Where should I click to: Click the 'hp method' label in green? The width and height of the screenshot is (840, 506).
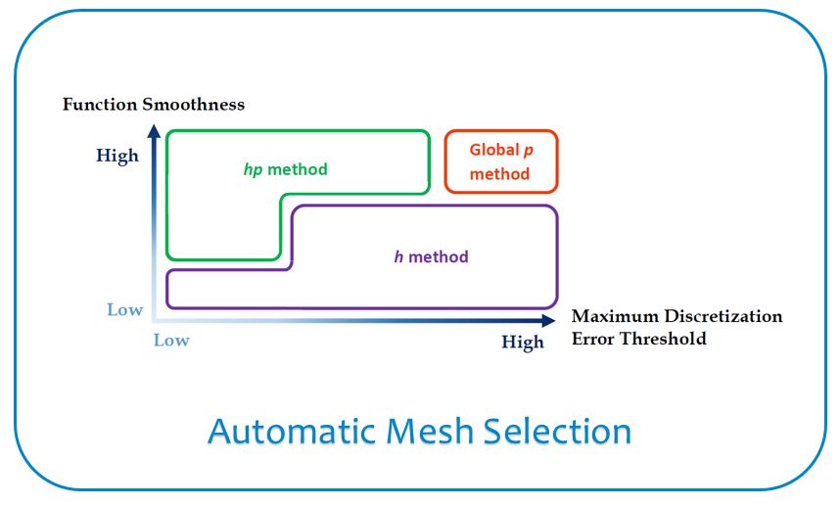286,169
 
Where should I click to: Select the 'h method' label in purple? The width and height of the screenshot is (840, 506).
431,257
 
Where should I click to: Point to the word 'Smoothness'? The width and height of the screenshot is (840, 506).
194,104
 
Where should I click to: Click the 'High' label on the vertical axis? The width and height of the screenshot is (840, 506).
117,156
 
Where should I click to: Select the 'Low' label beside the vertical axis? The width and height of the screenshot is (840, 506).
124,309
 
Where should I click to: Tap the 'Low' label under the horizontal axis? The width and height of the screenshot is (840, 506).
171,340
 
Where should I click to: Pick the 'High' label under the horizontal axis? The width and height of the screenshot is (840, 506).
523,343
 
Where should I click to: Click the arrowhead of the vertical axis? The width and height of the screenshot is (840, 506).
155,131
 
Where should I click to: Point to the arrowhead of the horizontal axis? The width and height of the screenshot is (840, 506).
549,321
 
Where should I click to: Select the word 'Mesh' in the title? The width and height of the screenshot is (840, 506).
430,432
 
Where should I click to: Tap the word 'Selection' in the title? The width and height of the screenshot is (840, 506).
558,432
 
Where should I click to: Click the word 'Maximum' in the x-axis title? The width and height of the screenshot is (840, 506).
615,316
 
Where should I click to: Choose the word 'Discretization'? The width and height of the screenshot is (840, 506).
723,316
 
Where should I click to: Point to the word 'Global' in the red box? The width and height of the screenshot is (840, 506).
494,150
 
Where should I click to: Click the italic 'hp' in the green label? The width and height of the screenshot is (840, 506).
253,170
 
